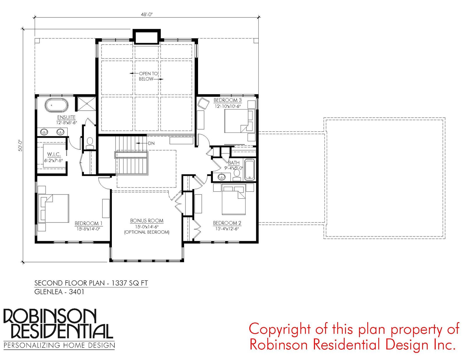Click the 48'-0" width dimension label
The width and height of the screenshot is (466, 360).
point(146,15)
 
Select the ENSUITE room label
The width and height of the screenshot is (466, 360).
point(66,117)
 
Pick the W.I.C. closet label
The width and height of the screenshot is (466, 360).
point(54,154)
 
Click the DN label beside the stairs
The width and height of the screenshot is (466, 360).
point(151,143)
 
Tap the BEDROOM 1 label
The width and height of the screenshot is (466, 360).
point(89,223)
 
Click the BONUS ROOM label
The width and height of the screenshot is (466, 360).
point(147,221)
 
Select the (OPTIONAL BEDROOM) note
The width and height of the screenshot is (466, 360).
point(147,232)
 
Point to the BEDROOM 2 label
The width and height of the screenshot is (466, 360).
point(227,223)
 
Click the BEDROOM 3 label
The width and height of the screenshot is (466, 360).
point(227,100)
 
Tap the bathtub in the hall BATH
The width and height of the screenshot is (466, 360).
point(250,170)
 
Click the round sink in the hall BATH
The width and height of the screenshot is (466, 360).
point(222,177)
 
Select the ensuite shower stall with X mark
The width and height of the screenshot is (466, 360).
point(87,104)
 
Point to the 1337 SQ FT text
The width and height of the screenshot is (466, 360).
point(130,283)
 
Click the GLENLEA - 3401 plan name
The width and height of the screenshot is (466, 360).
point(59,292)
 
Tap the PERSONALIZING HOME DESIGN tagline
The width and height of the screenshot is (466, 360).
point(59,345)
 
